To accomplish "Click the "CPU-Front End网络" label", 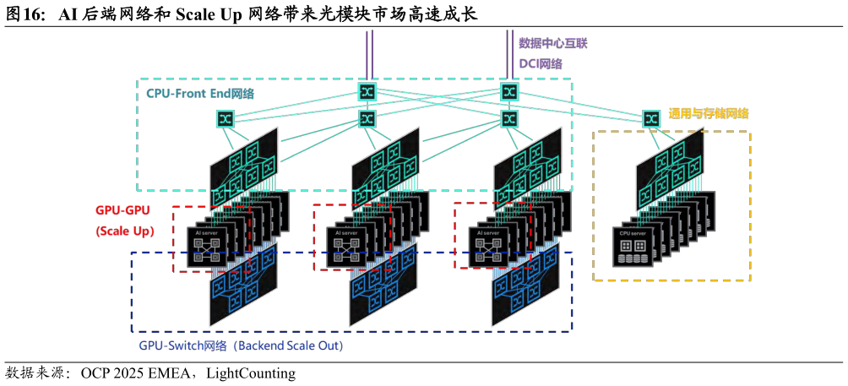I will (200, 93).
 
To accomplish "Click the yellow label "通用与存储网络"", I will (709, 113).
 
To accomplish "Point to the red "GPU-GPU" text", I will (123, 211).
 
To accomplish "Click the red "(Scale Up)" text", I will (125, 231).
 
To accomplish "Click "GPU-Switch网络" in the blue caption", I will (183, 346).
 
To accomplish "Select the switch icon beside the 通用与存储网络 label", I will (650, 119).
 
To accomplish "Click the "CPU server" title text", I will (633, 232).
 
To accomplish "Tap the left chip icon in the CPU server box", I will (626, 245).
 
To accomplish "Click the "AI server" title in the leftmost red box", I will (205, 232).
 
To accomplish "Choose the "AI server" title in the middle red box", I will (346, 232).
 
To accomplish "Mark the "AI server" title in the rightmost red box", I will (487, 232).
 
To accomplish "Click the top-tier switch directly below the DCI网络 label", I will (508, 91).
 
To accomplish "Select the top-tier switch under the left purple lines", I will (367, 91).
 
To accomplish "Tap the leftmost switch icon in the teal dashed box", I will (226, 119).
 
